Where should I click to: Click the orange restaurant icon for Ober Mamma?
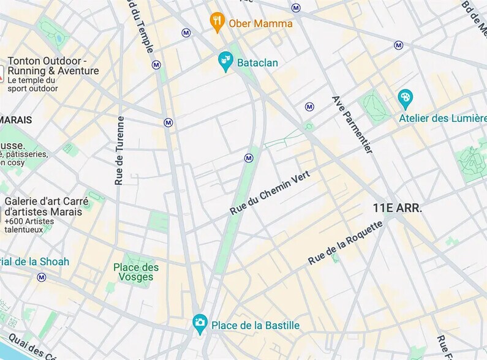(217, 22)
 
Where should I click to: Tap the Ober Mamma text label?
(260, 23)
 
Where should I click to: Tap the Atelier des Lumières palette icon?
(405, 98)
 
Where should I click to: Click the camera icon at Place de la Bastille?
(199, 323)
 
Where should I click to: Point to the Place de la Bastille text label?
(255, 325)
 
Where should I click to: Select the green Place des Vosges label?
(136, 272)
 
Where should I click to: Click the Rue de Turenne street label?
(120, 151)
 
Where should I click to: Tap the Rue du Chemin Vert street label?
(270, 192)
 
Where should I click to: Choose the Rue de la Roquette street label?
(345, 242)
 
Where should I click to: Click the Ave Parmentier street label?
(352, 124)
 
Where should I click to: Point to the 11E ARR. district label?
(397, 208)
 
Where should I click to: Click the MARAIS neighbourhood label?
(16, 120)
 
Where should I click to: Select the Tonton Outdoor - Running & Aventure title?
(53, 66)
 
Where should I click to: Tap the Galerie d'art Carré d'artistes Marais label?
(47, 206)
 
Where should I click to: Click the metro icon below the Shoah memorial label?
(42, 277)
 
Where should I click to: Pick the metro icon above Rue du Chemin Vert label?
(249, 158)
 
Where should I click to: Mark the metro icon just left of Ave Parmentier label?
(309, 107)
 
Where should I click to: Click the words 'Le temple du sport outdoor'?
(33, 84)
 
